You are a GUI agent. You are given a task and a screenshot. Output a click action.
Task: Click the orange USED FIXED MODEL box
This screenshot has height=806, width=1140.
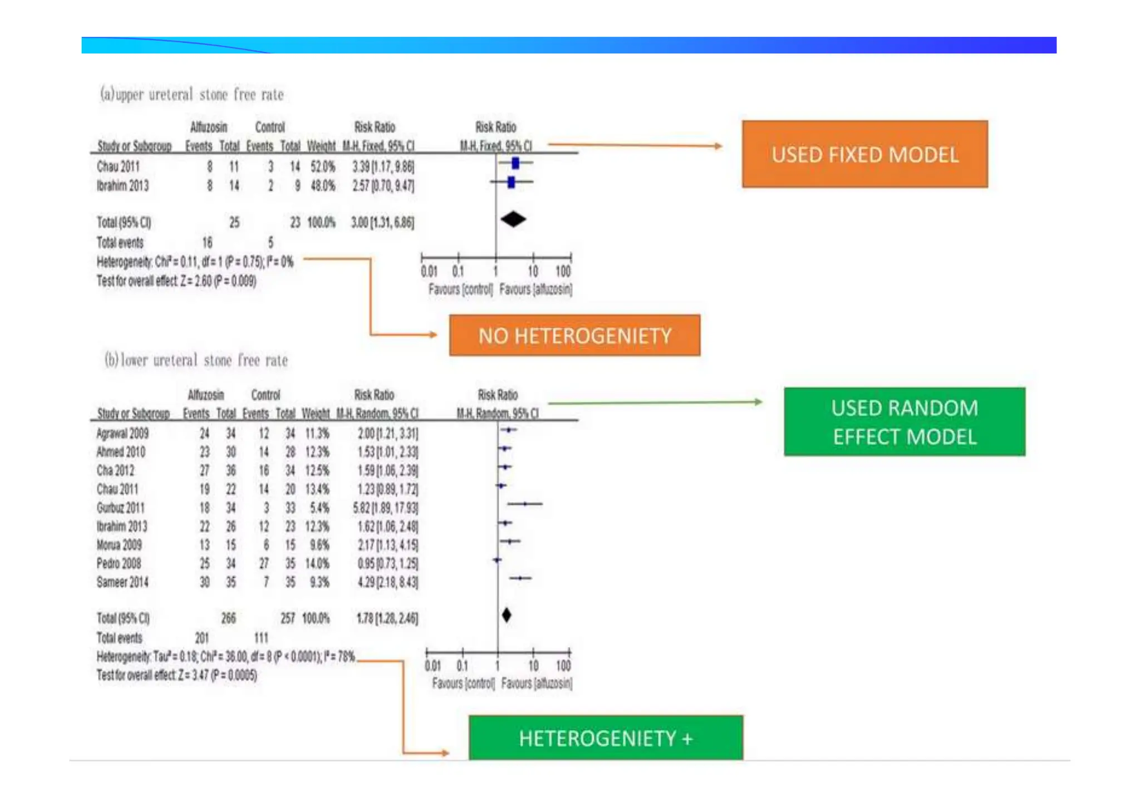coord(864,154)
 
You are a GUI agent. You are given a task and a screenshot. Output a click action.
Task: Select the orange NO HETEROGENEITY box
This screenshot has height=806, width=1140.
coord(574,335)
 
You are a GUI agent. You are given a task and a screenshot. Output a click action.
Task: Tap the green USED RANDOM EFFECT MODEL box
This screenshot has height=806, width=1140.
coord(905,422)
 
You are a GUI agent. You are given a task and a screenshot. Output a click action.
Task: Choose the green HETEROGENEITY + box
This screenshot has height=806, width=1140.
coord(606,738)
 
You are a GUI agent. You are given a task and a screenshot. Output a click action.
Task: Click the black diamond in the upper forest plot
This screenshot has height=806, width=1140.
coord(513,219)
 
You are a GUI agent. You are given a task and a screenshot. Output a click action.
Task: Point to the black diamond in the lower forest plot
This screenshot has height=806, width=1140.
coord(507,615)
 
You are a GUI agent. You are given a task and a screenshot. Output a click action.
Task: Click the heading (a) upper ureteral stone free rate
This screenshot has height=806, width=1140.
coord(192,94)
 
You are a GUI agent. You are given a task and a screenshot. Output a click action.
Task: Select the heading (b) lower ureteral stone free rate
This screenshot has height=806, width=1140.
coord(196,360)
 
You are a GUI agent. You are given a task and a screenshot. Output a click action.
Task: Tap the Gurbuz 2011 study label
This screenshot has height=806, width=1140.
coord(120,508)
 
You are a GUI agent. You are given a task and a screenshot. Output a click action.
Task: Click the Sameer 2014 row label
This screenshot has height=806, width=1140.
coord(122,582)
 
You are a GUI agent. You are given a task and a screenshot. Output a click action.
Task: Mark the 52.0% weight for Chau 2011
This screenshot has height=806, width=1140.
coord(323,166)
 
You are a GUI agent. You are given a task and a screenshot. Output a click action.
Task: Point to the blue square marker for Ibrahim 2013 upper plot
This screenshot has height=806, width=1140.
coord(512,182)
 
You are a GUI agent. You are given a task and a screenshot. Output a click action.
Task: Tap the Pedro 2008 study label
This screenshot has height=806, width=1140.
coord(119,563)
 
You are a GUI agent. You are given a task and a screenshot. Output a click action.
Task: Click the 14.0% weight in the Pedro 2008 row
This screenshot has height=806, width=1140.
coord(317,563)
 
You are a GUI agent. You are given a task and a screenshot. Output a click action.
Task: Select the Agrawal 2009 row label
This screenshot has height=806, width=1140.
coord(122,434)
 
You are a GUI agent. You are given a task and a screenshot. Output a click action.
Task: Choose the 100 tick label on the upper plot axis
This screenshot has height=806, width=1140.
coord(563,272)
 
